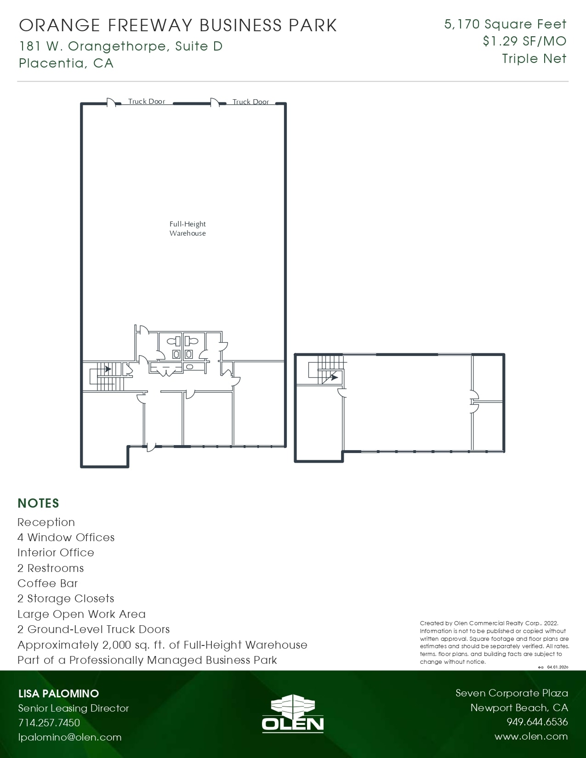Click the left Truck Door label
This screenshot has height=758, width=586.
coord(146,102)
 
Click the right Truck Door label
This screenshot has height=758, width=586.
coord(250,102)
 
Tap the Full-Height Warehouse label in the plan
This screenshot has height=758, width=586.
coord(188,229)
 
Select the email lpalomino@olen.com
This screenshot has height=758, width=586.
coord(70,737)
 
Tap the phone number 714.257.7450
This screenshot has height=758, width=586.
coord(49,723)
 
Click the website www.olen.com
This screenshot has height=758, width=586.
coord(531,736)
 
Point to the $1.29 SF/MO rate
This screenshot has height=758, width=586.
coord(524,41)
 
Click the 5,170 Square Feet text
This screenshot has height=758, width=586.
coord(505,24)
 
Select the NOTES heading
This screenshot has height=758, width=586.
coord(38,503)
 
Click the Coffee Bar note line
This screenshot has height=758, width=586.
coord(48,583)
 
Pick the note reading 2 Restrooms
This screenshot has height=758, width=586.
coord(51,568)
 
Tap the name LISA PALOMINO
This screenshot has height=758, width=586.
coord(58,694)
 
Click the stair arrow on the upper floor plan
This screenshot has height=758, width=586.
coord(334,377)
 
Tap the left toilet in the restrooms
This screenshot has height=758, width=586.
coord(173,342)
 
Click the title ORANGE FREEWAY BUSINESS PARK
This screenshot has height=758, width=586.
coord(178,26)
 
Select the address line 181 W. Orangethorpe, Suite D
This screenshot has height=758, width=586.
coord(121,46)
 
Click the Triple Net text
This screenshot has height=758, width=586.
coord(534,59)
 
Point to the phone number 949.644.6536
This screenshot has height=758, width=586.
coord(537,722)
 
